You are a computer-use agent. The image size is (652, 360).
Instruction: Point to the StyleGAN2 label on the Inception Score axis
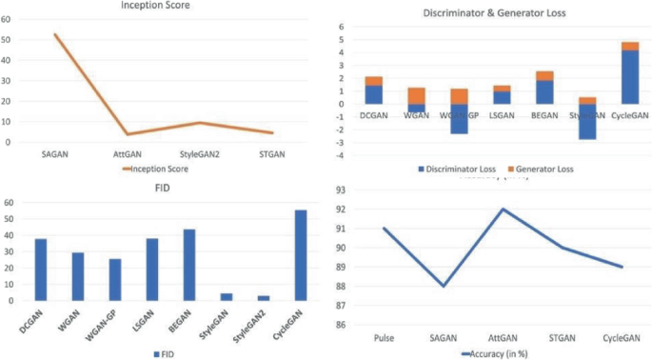[x=201, y=153]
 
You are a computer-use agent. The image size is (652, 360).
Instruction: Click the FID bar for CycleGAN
[x=301, y=255]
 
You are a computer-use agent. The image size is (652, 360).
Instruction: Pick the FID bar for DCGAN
[x=41, y=270]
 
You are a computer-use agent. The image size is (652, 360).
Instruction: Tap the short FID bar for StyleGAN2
[x=264, y=298]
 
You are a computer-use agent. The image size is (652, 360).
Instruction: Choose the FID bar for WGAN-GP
[x=115, y=279]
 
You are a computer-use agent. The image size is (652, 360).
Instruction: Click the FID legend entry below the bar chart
[x=168, y=353]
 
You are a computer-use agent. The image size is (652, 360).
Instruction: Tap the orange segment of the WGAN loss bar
[x=416, y=95]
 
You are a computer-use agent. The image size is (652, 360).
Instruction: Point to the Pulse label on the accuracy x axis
[x=384, y=338]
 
